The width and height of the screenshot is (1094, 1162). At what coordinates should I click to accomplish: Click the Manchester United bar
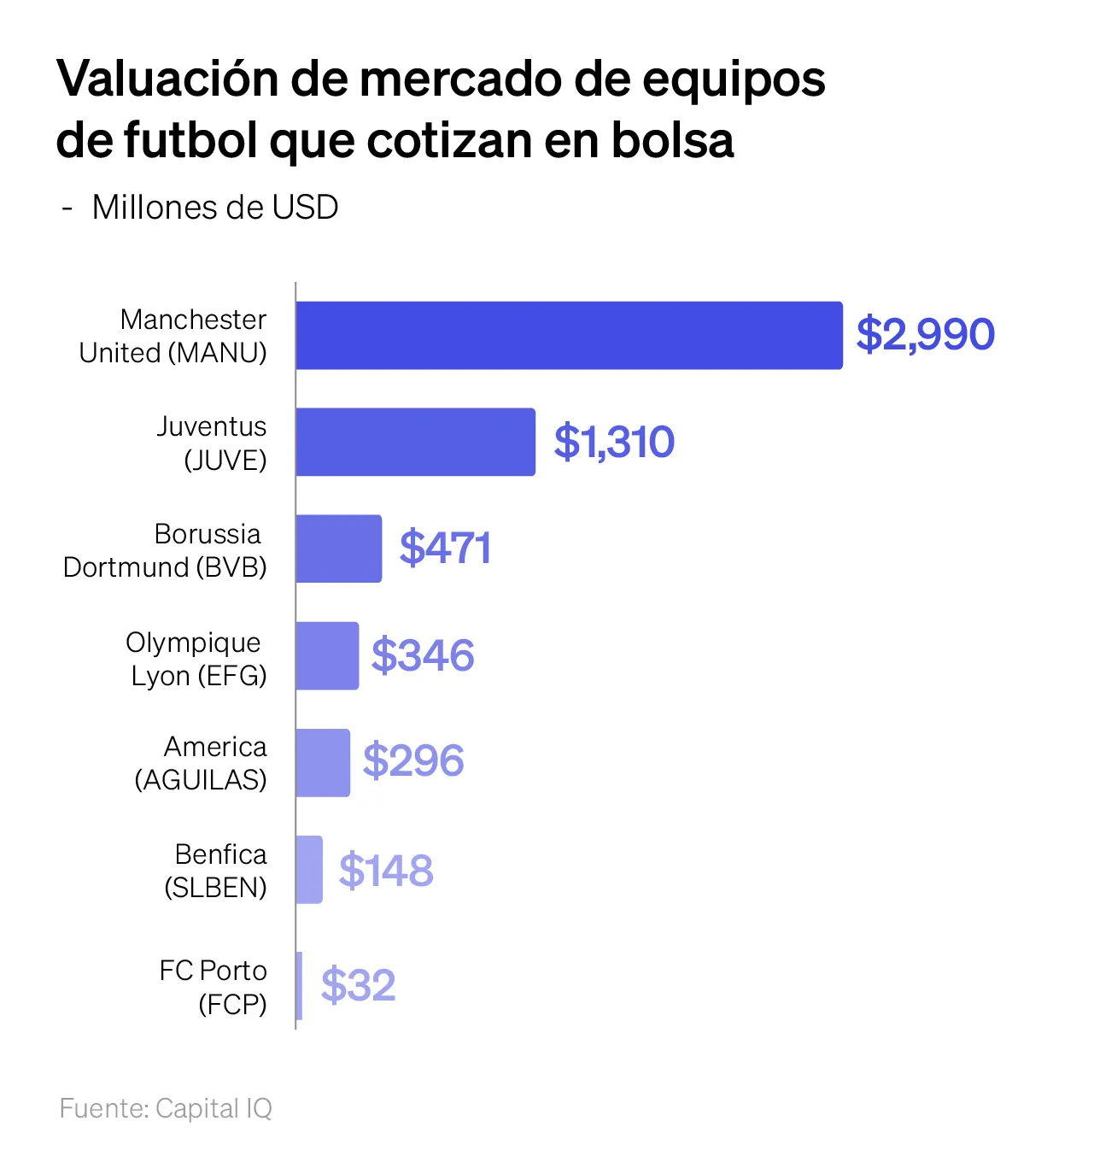pyautogui.click(x=569, y=335)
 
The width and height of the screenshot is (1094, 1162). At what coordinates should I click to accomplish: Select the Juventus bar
pyautogui.click(x=415, y=442)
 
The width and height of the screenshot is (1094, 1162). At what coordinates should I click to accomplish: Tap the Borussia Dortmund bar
pyautogui.click(x=339, y=549)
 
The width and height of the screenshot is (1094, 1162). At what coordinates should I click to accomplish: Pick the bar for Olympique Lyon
pyautogui.click(x=327, y=655)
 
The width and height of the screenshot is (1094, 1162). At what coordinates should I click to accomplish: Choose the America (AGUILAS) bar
pyautogui.click(x=323, y=762)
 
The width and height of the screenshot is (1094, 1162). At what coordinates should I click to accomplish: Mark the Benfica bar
pyautogui.click(x=309, y=869)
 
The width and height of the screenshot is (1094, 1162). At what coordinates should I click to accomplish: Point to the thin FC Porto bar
pyautogui.click(x=299, y=985)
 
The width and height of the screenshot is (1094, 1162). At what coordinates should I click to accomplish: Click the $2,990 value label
pyautogui.click(x=925, y=334)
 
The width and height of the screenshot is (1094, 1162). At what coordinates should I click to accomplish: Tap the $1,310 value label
pyautogui.click(x=614, y=442)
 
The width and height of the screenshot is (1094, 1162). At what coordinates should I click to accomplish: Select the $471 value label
pyautogui.click(x=445, y=548)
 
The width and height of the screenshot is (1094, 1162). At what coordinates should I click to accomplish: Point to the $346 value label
pyautogui.click(x=423, y=655)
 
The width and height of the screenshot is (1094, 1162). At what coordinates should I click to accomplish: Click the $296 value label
pyautogui.click(x=413, y=760)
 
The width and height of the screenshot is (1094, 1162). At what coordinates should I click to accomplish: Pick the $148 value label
pyautogui.click(x=386, y=870)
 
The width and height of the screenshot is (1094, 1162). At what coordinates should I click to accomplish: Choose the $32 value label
pyautogui.click(x=359, y=985)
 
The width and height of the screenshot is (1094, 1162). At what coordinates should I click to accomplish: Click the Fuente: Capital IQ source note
pyautogui.click(x=166, y=1108)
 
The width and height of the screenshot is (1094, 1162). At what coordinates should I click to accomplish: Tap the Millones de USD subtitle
pyautogui.click(x=214, y=208)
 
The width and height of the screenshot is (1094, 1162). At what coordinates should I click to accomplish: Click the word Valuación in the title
pyautogui.click(x=168, y=79)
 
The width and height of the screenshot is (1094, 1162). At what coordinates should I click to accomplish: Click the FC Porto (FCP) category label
pyautogui.click(x=214, y=987)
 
